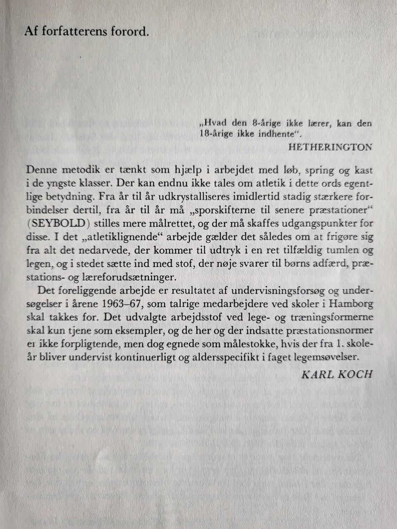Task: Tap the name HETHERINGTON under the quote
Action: point(330,147)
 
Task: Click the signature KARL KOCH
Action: point(337,374)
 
